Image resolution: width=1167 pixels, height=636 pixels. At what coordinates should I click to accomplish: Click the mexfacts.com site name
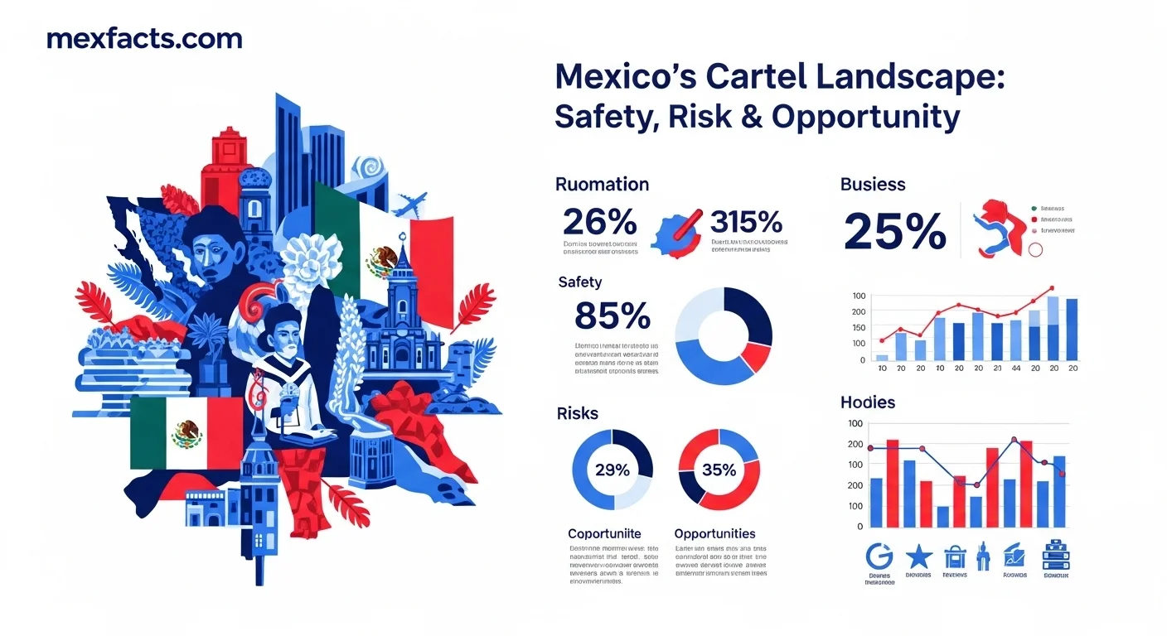pos(144,38)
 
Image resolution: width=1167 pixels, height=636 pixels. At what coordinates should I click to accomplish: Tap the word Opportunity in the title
pos(865,118)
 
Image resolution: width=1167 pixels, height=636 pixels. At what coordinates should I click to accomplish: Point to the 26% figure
pos(599,221)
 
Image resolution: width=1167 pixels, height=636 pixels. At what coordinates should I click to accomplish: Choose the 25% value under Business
pos(894,231)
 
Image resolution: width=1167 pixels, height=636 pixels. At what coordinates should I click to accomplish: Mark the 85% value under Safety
pos(612,316)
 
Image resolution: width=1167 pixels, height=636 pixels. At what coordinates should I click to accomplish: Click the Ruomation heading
pos(602,184)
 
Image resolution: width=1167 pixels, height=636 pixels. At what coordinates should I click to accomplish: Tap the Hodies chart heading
pos(868,402)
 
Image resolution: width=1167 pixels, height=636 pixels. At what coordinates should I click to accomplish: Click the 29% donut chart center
pos(612,470)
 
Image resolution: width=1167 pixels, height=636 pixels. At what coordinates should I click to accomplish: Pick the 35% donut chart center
pos(719,470)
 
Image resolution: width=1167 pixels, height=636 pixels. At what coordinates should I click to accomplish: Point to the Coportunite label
pos(604,533)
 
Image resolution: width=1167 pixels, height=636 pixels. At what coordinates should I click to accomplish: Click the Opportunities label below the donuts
pos(714,533)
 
